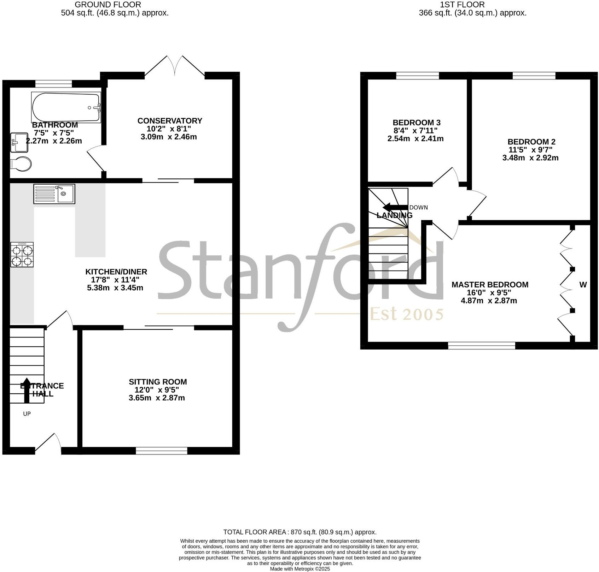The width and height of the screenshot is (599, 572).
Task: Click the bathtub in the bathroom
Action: click(x=66, y=107)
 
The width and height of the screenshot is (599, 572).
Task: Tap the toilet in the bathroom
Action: click(x=21, y=164)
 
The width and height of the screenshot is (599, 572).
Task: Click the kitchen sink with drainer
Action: click(x=54, y=194)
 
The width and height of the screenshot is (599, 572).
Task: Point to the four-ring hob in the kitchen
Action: click(x=22, y=255)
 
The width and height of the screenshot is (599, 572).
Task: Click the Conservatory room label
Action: click(x=170, y=121)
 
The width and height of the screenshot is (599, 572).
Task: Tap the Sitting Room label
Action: click(x=158, y=382)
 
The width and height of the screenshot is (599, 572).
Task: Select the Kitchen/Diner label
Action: click(x=116, y=272)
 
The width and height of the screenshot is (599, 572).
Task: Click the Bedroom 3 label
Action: click(x=417, y=123)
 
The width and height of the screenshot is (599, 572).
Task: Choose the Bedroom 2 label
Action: click(x=531, y=142)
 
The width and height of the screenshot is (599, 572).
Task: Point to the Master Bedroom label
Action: click(x=490, y=285)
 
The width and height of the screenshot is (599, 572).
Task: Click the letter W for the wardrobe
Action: click(x=583, y=285)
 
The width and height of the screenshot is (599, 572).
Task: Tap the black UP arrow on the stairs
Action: click(x=27, y=390)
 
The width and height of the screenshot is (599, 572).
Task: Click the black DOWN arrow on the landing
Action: click(x=395, y=207)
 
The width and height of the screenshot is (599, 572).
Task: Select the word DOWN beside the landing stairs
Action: click(x=419, y=208)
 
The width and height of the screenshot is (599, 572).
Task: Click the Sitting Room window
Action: click(x=162, y=451)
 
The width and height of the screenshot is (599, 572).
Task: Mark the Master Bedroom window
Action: click(x=482, y=345)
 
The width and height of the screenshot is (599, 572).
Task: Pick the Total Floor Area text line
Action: click(x=300, y=532)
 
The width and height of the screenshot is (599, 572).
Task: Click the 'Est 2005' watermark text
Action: click(x=407, y=314)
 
